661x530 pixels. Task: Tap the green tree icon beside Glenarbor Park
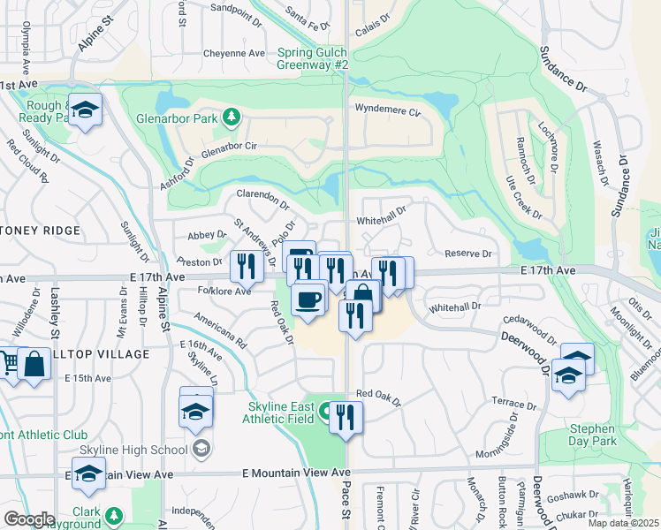[x=231, y=116]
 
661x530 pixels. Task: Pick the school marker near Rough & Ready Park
[x=85, y=110]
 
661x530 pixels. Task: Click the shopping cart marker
[x=7, y=363]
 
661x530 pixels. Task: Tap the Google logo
[x=29, y=519]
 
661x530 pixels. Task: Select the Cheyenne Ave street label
[x=233, y=53]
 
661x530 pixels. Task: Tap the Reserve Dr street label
[x=467, y=254]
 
